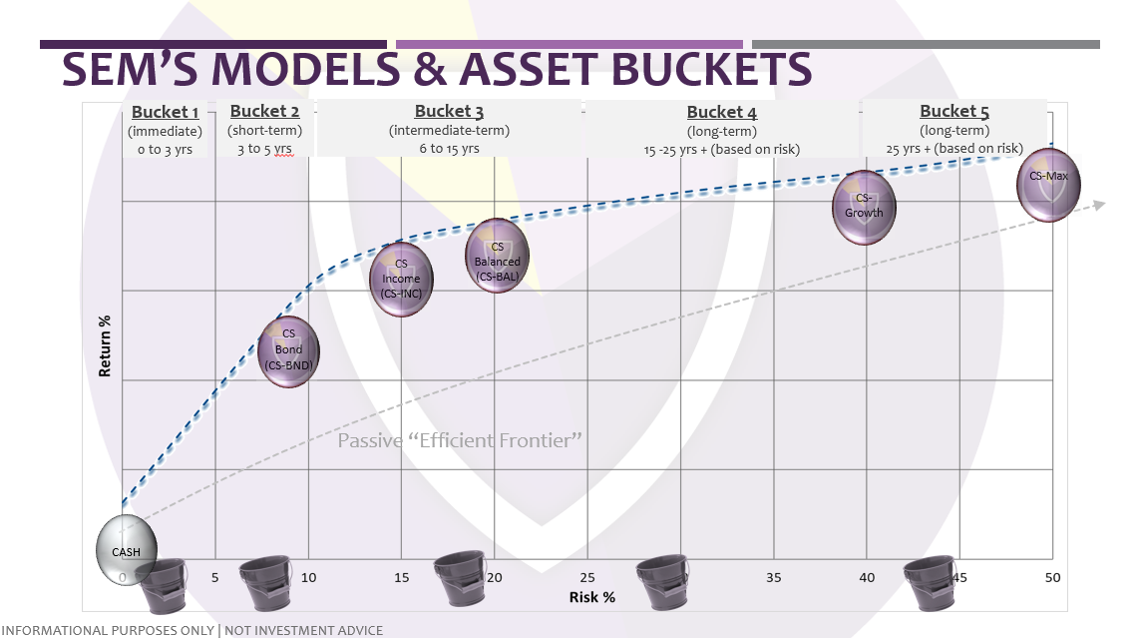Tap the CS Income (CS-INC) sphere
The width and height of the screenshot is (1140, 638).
tap(401, 280)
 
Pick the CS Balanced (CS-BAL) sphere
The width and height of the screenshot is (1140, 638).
tap(497, 256)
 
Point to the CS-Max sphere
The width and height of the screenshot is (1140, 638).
tap(1048, 185)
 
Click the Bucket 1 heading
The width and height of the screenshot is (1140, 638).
tap(165, 112)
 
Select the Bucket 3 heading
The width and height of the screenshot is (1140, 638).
tap(449, 112)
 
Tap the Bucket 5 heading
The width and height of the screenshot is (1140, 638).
tap(954, 112)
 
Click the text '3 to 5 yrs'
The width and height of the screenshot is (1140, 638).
tap(264, 149)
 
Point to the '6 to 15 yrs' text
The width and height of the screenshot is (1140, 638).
tap(449, 149)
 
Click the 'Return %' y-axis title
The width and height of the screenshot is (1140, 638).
tap(105, 345)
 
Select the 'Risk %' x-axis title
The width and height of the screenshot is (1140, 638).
tap(591, 596)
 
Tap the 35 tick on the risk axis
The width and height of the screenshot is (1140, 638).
tap(774, 577)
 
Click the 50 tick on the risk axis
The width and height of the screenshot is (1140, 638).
tap(1052, 577)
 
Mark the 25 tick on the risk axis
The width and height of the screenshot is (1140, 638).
tap(587, 577)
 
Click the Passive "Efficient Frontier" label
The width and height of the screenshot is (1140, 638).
tap(460, 439)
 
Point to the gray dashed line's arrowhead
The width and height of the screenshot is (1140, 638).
tap(1098, 205)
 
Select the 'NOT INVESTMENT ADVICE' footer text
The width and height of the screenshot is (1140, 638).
tap(304, 630)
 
